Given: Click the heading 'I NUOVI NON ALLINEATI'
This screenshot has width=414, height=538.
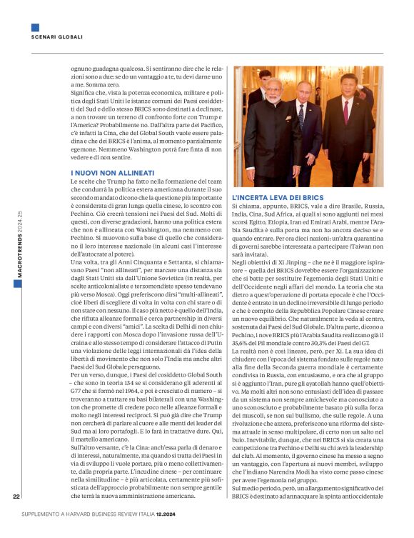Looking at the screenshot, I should [x=112, y=173].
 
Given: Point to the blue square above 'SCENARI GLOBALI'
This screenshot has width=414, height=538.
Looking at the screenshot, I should [x=35, y=27].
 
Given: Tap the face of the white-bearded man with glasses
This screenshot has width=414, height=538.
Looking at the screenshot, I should [x=274, y=89].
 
